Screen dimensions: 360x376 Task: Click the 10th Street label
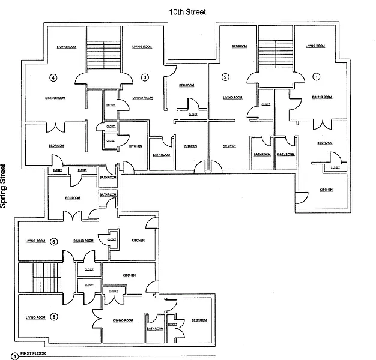click(188, 11)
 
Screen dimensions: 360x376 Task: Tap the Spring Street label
click(4, 187)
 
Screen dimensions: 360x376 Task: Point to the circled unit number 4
click(53, 77)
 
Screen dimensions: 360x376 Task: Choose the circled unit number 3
click(144, 77)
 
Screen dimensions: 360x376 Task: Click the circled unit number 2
click(225, 77)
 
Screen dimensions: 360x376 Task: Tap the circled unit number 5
click(53, 241)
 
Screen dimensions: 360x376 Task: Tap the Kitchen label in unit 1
click(326, 190)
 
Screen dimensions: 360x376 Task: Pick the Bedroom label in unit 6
click(199, 320)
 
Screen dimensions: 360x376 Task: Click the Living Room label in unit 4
click(65, 47)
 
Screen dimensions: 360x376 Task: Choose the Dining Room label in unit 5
click(83, 241)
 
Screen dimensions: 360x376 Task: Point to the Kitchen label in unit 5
click(138, 241)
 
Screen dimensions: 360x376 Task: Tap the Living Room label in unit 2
click(232, 98)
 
